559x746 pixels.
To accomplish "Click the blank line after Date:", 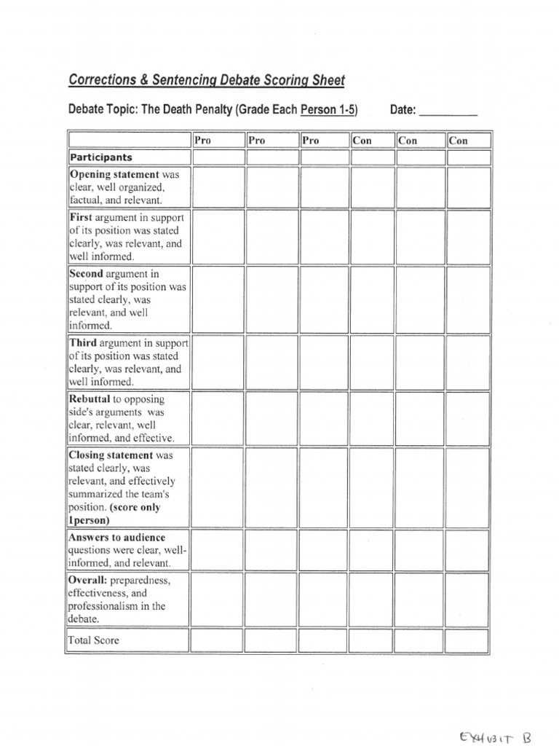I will pos(448,111).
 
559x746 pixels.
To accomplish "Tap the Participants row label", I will pos(101,157).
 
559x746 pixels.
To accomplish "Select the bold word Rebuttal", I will pos(90,399).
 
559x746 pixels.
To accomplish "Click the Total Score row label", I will pos(94,640).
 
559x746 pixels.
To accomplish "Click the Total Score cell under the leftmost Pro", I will pos(218,640).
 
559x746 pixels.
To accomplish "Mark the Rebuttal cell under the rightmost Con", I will pos(468,419).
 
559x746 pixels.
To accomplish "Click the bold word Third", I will pos(83,342).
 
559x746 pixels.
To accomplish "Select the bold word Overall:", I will pos(88,580).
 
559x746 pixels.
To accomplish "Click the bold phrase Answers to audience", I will pos(117,538).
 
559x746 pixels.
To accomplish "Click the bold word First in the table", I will pos(79,217).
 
